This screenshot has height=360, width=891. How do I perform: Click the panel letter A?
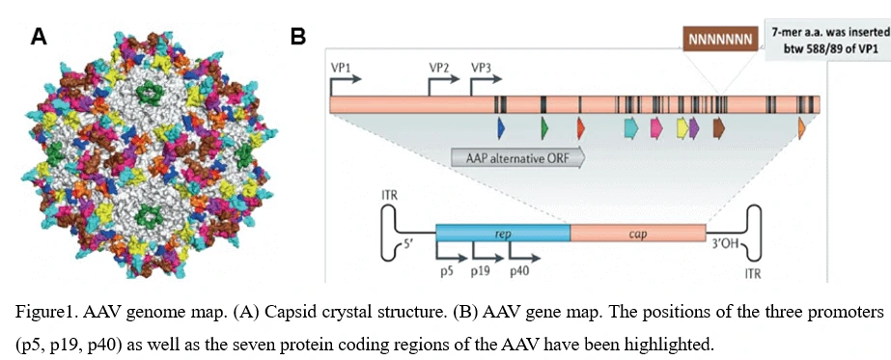[x=39, y=37]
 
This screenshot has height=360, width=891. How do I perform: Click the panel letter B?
[x=297, y=37]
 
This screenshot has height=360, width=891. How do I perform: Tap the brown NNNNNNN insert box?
[x=720, y=40]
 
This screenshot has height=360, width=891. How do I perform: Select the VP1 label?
[x=341, y=66]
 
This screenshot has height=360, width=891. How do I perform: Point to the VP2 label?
[x=439, y=66]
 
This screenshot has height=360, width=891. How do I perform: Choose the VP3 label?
[x=482, y=66]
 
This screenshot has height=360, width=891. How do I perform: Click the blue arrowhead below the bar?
[x=501, y=128]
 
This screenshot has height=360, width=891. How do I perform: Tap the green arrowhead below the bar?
[x=545, y=128]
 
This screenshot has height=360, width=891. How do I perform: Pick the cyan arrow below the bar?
[x=631, y=128]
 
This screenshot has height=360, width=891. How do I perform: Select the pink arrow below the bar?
[x=656, y=128]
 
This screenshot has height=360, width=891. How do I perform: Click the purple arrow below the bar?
[x=694, y=128]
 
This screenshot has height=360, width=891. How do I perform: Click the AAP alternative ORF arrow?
[x=518, y=157]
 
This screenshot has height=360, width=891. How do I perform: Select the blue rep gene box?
[x=503, y=233]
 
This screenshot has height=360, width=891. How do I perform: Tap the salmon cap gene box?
[x=638, y=233]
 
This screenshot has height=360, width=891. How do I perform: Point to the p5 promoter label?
[x=447, y=271]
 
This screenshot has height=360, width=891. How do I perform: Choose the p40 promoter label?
[x=519, y=271]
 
